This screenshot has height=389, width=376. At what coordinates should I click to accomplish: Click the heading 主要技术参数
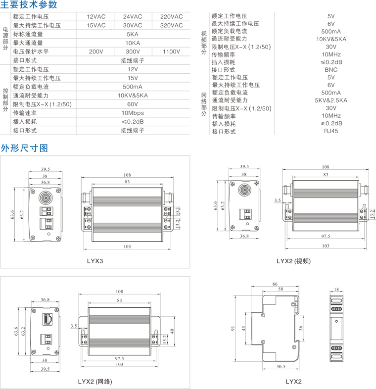pyautogui.click(x=29, y=5)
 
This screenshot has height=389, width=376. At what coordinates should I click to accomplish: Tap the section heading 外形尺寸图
pyautogui.click(x=24, y=148)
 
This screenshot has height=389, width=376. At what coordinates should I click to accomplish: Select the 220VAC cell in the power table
pyautogui.click(x=171, y=16)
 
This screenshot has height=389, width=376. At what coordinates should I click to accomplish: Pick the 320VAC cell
pyautogui.click(x=171, y=25)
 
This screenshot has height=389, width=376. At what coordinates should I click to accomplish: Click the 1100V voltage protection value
pyautogui.click(x=171, y=51)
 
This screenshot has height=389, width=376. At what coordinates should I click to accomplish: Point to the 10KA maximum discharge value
pyautogui.click(x=133, y=43)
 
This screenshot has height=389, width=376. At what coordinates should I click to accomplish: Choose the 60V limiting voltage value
pyautogui.click(x=133, y=104)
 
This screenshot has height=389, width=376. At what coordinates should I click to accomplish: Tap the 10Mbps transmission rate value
pyautogui.click(x=133, y=113)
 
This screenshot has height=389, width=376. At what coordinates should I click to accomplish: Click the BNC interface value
pyautogui.click(x=331, y=70)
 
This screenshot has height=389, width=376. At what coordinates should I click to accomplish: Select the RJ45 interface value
pyautogui.click(x=331, y=131)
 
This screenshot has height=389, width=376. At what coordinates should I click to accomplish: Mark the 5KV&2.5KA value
pyautogui.click(x=331, y=100)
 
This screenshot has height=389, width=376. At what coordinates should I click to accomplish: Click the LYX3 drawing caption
pyautogui.click(x=94, y=260)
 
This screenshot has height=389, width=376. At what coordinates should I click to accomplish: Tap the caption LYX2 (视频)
pyautogui.click(x=293, y=261)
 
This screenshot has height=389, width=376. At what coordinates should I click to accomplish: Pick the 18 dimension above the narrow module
pyautogui.click(x=336, y=289)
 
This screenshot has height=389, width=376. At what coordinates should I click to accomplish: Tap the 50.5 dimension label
pyautogui.click(x=281, y=367)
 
